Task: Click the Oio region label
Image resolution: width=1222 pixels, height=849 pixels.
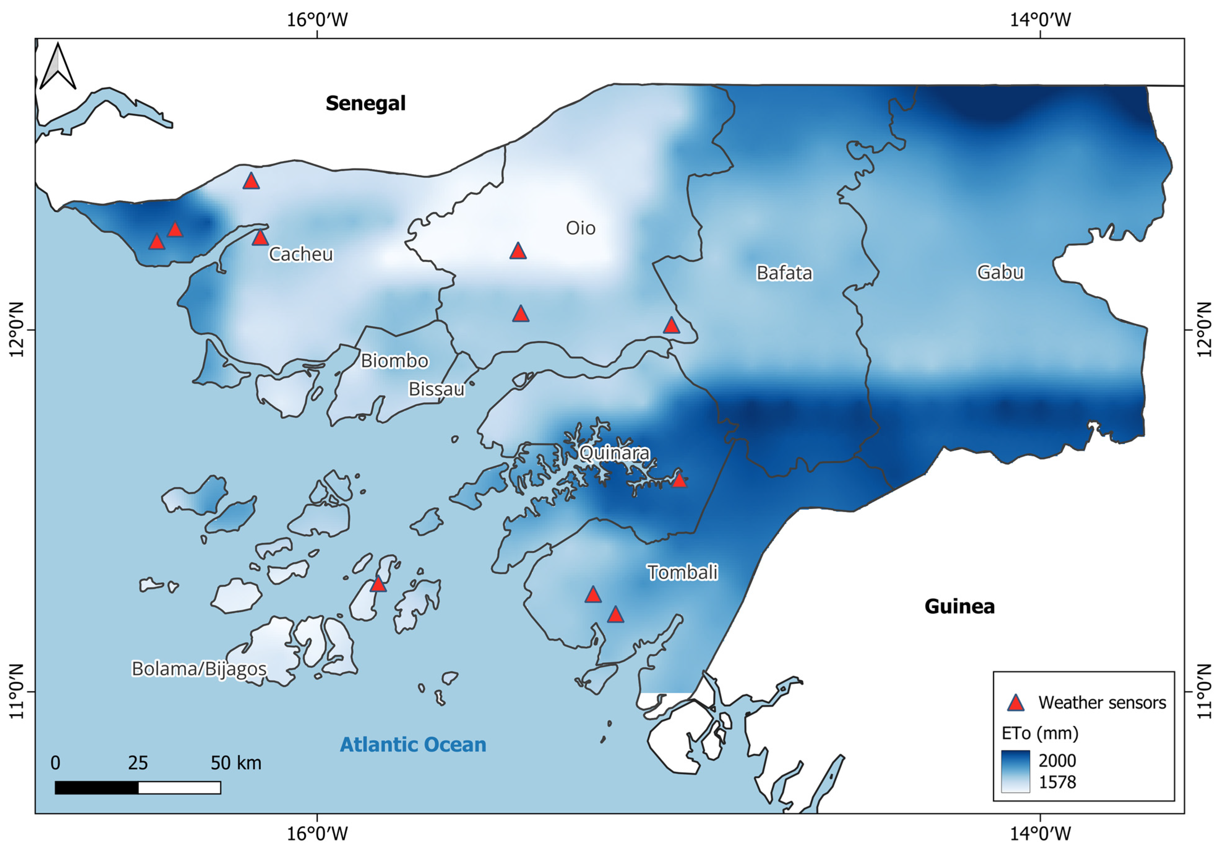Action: pyautogui.click(x=580, y=228)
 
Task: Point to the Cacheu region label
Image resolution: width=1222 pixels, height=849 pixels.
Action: pyautogui.click(x=301, y=254)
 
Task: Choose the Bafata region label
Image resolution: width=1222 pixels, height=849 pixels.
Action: pyautogui.click(x=784, y=273)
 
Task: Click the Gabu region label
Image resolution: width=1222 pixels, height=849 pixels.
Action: pyautogui.click(x=1000, y=272)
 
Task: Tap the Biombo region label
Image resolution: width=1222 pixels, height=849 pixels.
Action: pyautogui.click(x=394, y=361)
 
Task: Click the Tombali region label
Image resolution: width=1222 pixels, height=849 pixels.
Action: pyautogui.click(x=682, y=572)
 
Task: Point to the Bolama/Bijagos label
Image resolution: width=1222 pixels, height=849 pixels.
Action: pyautogui.click(x=199, y=669)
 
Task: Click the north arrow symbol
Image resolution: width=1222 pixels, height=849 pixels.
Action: pyautogui.click(x=58, y=67)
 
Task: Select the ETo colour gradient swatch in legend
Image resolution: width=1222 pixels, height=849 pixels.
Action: pyautogui.click(x=1015, y=771)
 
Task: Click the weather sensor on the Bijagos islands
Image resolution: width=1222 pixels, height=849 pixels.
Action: pyautogui.click(x=377, y=584)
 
